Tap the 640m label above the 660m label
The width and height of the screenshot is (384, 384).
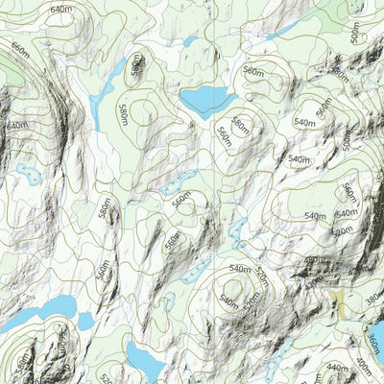click(60, 10)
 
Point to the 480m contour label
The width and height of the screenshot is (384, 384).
click(314, 260)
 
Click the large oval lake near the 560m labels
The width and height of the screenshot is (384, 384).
click(207, 99)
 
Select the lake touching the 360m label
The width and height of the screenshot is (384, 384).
click(377, 331)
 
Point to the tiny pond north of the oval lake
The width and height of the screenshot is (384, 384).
click(191, 42)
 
